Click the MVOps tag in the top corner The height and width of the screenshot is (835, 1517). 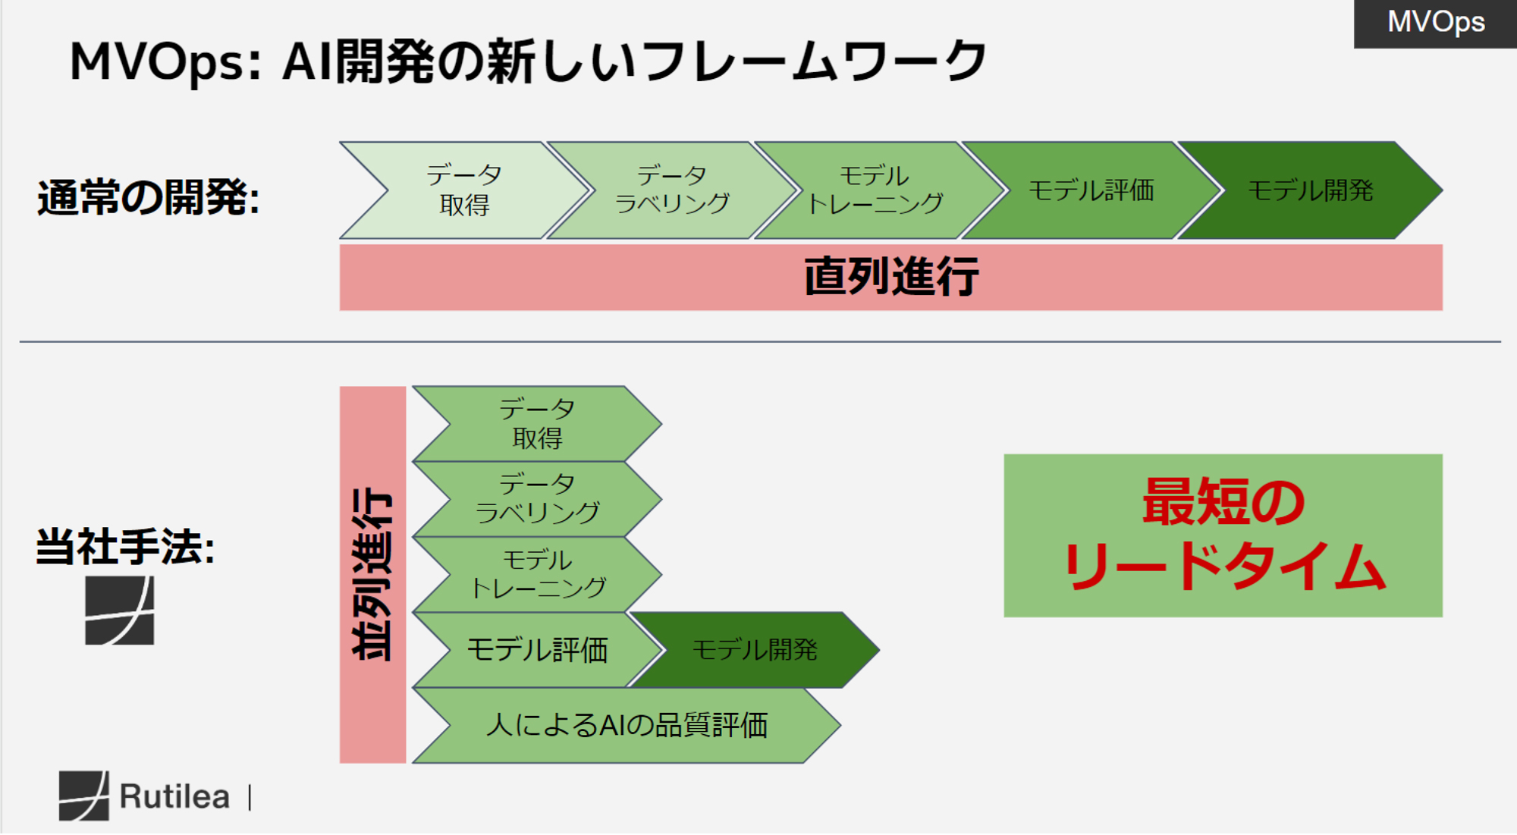1435,23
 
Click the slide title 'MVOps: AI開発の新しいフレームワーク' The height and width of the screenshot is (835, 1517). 528,61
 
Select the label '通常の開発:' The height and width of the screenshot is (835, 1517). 149,197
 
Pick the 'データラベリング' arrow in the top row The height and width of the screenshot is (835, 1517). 672,190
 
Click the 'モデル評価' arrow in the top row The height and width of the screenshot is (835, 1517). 1091,190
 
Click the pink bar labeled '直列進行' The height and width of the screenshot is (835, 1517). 890,277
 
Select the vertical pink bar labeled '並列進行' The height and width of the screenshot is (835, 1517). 372,574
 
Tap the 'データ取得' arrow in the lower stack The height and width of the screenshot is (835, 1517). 537,424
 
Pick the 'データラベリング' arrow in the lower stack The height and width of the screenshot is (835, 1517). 537,499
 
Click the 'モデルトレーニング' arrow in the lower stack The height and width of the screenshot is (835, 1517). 537,574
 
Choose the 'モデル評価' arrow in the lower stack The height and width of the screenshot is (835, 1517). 537,650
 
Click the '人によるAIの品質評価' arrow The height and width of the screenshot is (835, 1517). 627,725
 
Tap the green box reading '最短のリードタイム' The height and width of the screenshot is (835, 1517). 1223,535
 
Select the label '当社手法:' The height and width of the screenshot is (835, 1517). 126,547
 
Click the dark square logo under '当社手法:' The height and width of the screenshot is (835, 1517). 119,611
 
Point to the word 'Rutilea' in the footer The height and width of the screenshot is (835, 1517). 174,796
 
